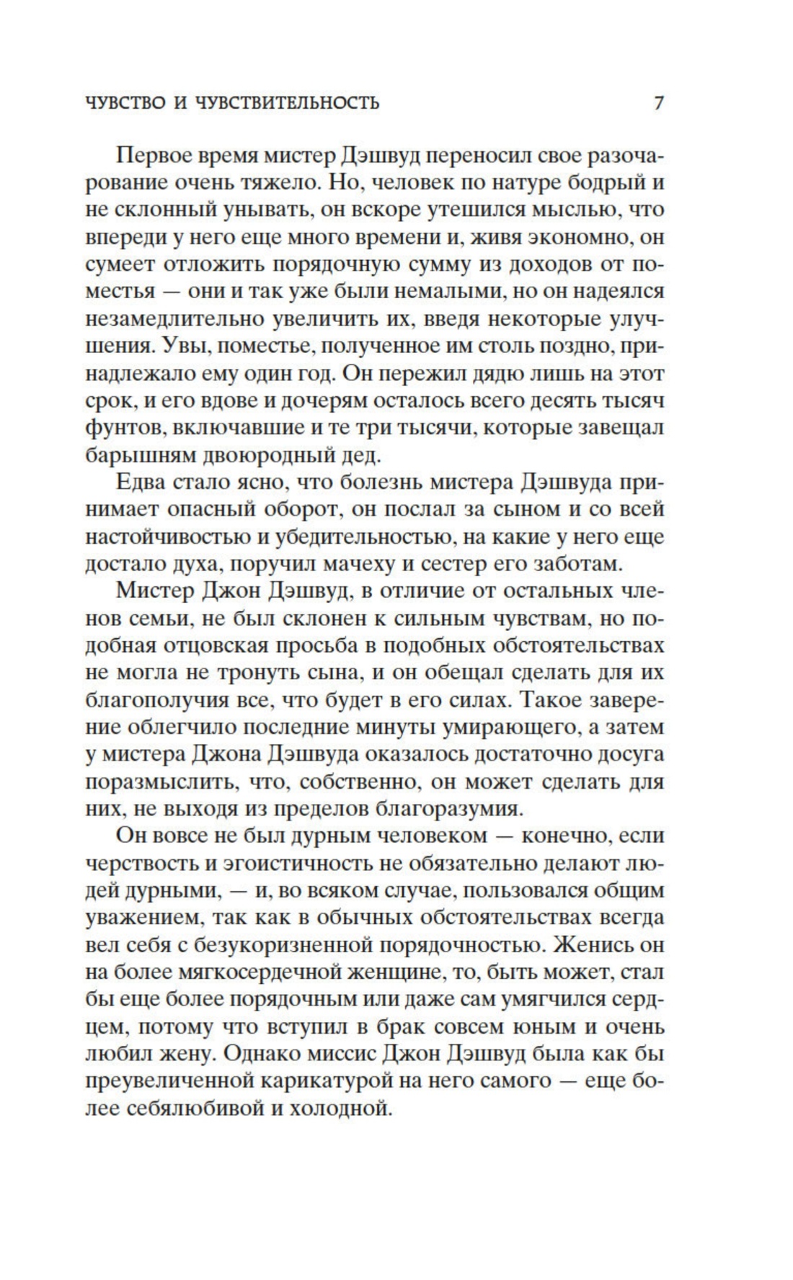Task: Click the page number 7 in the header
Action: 658,103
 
